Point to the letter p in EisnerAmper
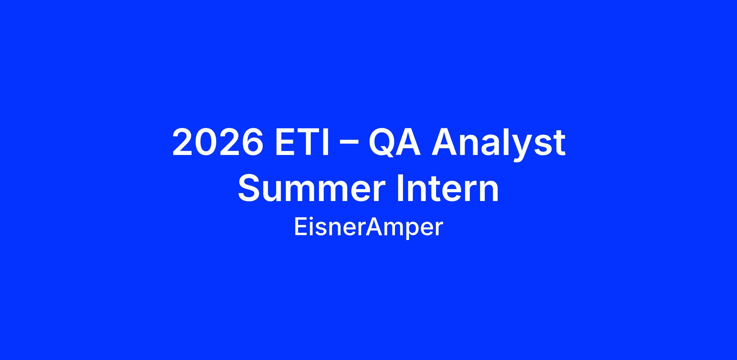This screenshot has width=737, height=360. tap(411, 231)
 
